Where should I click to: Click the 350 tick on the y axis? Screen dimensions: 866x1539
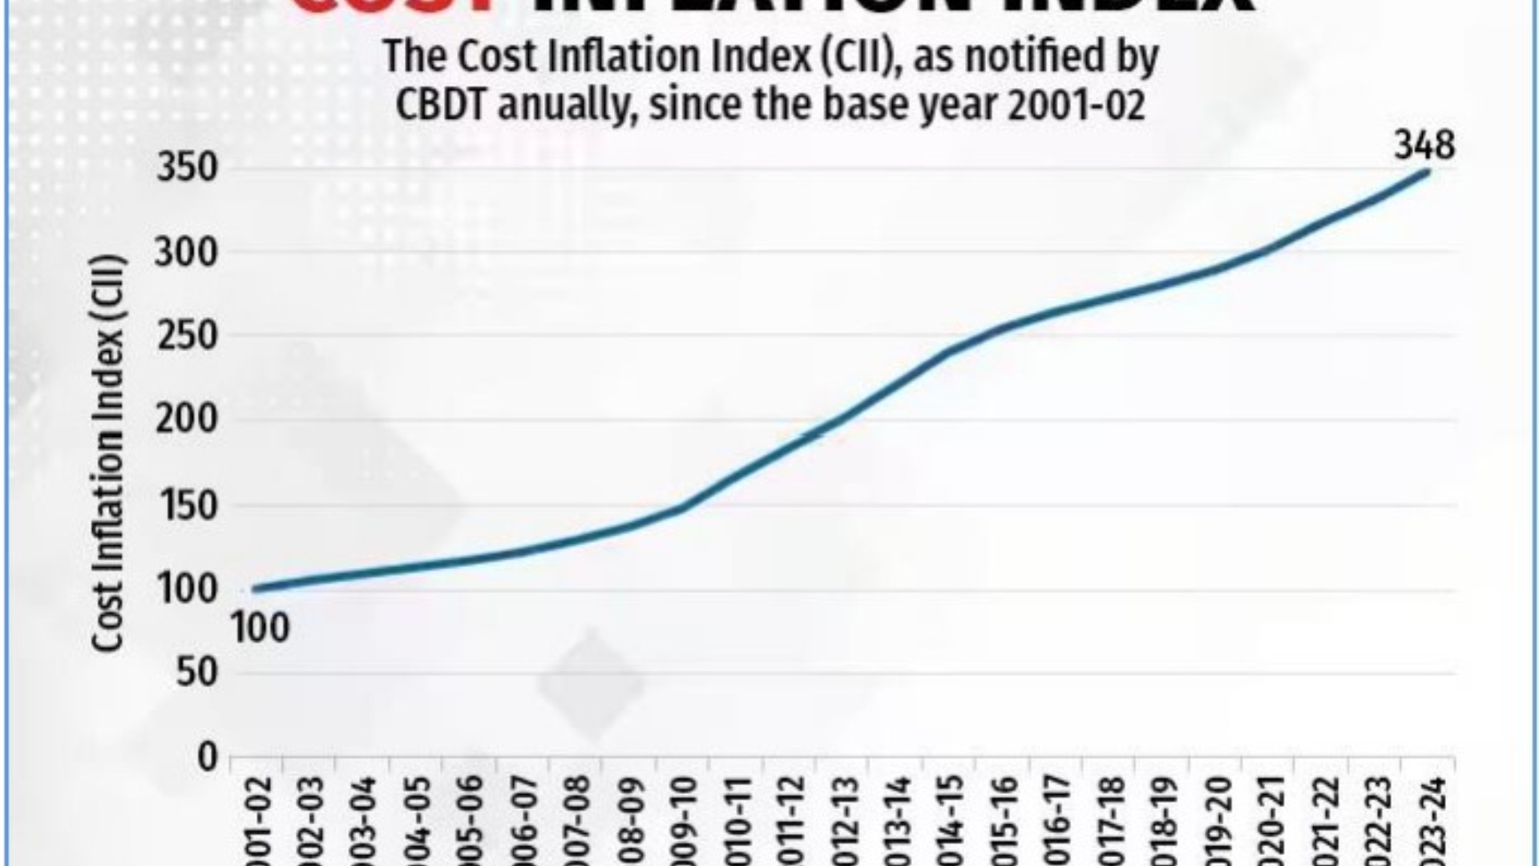pyautogui.click(x=187, y=168)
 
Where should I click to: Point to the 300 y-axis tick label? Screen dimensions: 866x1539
pyautogui.click(x=187, y=253)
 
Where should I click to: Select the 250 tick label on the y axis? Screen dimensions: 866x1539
pyautogui.click(x=187, y=336)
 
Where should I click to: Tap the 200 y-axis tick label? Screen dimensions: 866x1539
pyautogui.click(x=187, y=419)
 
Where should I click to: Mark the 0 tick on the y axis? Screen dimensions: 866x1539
pyautogui.click(x=208, y=757)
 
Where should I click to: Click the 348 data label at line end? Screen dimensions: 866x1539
pyautogui.click(x=1424, y=146)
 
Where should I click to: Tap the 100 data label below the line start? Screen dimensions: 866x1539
pyautogui.click(x=261, y=628)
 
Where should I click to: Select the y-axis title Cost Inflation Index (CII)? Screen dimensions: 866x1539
pyautogui.click(x=107, y=453)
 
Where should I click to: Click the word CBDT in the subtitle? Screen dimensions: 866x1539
pyautogui.click(x=441, y=105)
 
